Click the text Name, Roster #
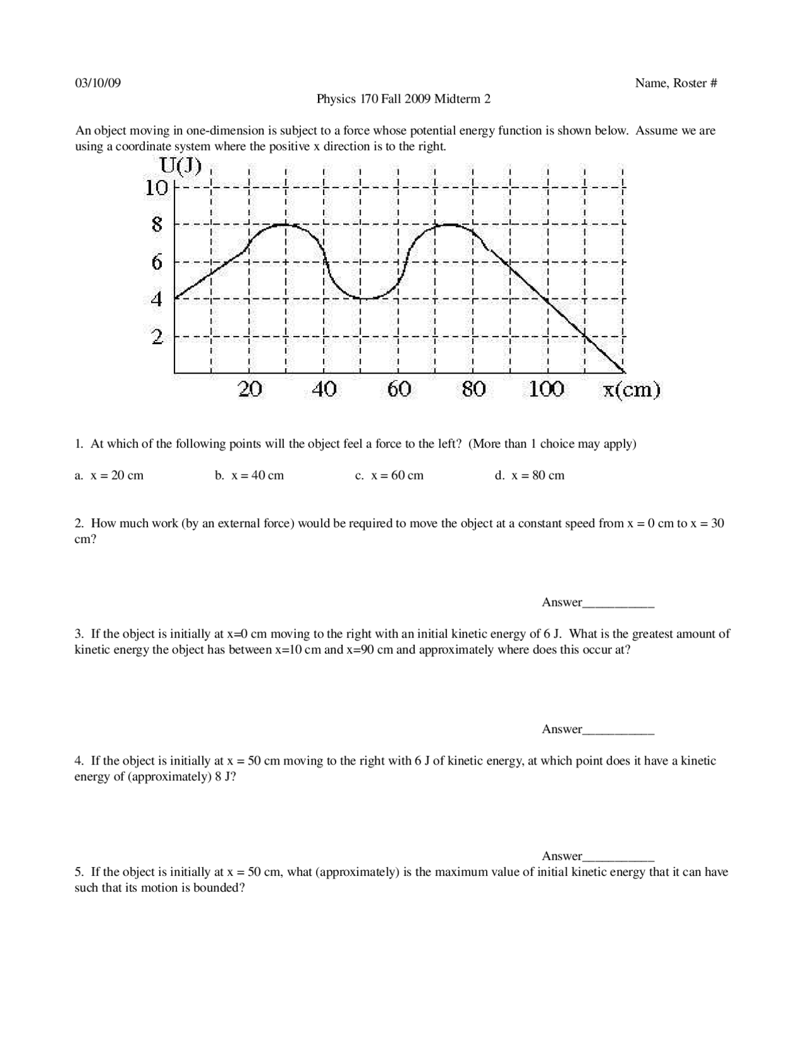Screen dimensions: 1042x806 [x=676, y=83]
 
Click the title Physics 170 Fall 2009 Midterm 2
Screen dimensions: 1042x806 [x=403, y=99]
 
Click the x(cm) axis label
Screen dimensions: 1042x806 [x=632, y=390]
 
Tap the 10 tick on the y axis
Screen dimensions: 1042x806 [x=157, y=188]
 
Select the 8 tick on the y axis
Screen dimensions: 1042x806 [x=157, y=225]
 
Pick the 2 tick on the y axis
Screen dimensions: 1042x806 [x=157, y=337]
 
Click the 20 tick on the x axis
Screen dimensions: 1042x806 [x=250, y=389]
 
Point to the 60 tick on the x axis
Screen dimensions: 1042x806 [x=399, y=389]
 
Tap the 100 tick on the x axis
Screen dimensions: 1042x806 [x=546, y=389]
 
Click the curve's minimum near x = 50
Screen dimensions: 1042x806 [x=361, y=299]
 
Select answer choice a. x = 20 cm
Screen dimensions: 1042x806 [x=110, y=476]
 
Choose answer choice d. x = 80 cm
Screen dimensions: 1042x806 [x=530, y=476]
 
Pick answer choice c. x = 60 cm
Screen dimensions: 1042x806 [x=389, y=476]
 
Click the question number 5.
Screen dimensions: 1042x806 [x=79, y=872]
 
